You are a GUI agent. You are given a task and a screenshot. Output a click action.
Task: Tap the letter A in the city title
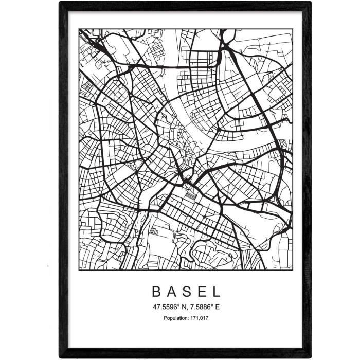(x=172, y=292)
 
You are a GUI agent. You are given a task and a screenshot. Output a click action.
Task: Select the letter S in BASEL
(x=187, y=292)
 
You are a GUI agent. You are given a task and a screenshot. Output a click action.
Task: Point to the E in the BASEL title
(x=202, y=292)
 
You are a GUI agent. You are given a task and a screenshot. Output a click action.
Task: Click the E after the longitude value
(x=219, y=308)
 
